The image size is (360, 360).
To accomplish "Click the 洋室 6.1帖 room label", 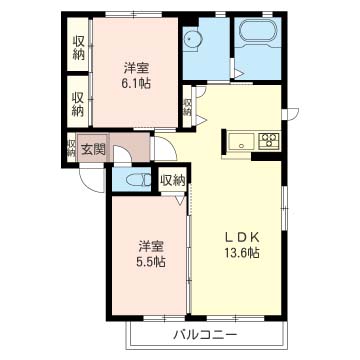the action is coord(136,76).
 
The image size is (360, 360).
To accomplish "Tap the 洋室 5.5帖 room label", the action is coord(151,254).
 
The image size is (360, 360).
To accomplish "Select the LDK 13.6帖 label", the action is coord(241,245).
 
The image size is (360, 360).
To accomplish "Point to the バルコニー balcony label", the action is coord(205,334).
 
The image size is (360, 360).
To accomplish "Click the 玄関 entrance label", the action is coord(93,150).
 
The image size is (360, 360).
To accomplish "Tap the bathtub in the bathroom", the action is coord(257,32).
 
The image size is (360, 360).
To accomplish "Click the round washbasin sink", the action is coord(191,40).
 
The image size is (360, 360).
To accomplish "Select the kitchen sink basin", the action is coord(241,140).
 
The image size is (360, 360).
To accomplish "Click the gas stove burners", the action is coord(269,140).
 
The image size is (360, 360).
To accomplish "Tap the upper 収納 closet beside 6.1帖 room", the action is coord(78,48).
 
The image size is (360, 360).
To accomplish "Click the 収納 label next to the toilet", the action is coord(172,181).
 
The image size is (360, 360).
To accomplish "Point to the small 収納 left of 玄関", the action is coord(71,148).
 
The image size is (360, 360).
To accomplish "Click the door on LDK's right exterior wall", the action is coord(291,114).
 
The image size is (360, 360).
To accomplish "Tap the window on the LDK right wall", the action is coord(284,208).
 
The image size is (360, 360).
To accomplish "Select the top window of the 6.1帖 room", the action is coord(134,14).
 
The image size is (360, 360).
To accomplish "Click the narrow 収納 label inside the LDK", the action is coord(187,107).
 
